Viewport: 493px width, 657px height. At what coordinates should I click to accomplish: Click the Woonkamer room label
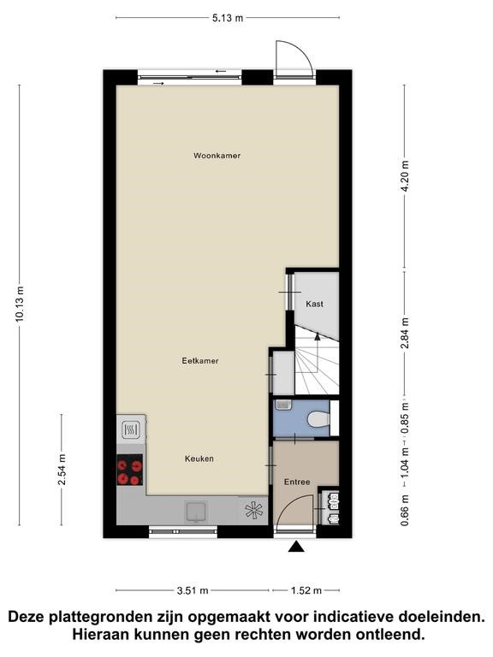point(217,156)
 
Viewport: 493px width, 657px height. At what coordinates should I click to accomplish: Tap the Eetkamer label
point(200,360)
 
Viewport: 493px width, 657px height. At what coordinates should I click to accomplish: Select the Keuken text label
point(199,459)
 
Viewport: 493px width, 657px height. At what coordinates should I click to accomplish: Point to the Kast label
point(314,304)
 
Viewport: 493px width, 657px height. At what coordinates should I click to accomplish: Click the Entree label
point(297,482)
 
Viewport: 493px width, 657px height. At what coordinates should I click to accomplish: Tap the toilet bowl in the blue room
point(318,418)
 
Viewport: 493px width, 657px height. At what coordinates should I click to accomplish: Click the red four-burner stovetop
point(129,470)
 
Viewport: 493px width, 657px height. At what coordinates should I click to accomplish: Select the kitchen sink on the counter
point(196,512)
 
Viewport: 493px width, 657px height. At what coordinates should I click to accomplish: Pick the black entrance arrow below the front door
point(296,547)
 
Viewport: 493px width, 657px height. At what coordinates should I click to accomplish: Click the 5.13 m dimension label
point(228,18)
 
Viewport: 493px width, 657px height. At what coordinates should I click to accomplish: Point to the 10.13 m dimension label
point(21,305)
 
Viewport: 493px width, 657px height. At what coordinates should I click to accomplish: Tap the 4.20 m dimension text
point(405,176)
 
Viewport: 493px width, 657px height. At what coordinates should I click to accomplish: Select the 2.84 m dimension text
point(405,333)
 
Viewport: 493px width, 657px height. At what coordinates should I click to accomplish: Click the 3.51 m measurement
point(193,591)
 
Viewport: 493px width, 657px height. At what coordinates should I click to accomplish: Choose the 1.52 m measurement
point(306,591)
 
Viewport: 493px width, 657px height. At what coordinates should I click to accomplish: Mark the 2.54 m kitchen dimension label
point(62,470)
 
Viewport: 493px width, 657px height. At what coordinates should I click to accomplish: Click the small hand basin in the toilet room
point(283,405)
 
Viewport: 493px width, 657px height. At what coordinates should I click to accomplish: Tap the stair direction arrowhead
point(318,335)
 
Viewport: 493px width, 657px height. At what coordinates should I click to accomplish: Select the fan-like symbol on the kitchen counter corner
point(254,511)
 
